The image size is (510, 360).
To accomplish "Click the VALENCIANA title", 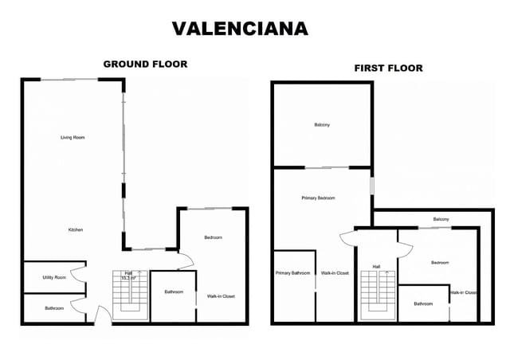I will click(x=240, y=29).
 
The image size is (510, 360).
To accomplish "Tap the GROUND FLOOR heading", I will click(x=145, y=64).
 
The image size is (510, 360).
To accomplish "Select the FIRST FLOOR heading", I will click(x=388, y=68).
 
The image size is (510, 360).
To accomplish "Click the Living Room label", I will click(x=73, y=138).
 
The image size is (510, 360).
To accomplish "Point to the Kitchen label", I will click(x=75, y=230).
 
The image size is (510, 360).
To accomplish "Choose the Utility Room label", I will click(x=54, y=277).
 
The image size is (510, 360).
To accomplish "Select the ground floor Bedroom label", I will click(x=213, y=237).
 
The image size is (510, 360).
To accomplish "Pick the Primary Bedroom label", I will click(x=318, y=198).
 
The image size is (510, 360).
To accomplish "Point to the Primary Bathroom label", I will click(x=292, y=273).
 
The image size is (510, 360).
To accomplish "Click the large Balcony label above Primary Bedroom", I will click(x=322, y=125).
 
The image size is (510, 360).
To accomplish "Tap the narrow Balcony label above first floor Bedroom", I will click(x=441, y=219).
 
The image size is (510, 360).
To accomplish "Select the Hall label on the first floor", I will click(x=376, y=267).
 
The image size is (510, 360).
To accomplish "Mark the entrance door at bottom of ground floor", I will click(x=100, y=316).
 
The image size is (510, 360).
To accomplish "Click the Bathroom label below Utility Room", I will click(x=54, y=308).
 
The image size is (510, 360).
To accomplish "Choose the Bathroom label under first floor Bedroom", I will click(x=423, y=303).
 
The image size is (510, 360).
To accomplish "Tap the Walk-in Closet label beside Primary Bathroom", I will click(x=335, y=273).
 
